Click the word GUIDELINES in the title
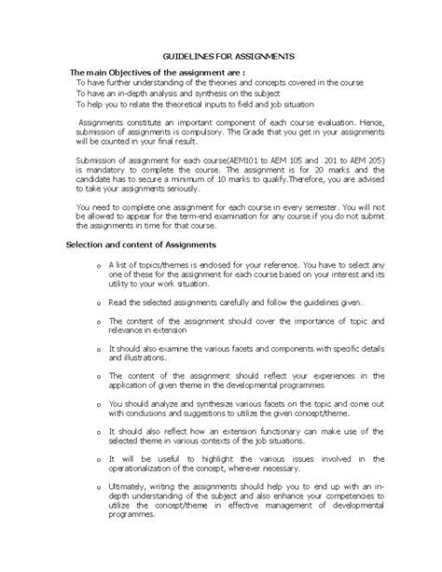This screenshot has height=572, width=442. point(186,56)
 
